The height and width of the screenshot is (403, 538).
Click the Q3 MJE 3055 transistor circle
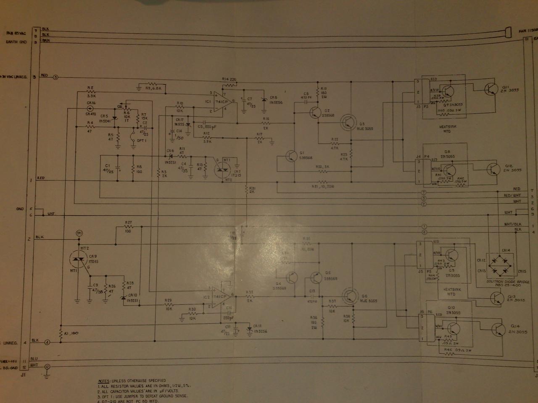click(348, 121)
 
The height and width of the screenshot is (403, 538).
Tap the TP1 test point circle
click(79, 233)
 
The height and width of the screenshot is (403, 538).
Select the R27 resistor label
click(129, 222)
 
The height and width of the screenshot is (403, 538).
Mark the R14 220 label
click(229, 79)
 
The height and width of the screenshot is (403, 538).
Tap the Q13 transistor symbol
click(497, 298)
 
